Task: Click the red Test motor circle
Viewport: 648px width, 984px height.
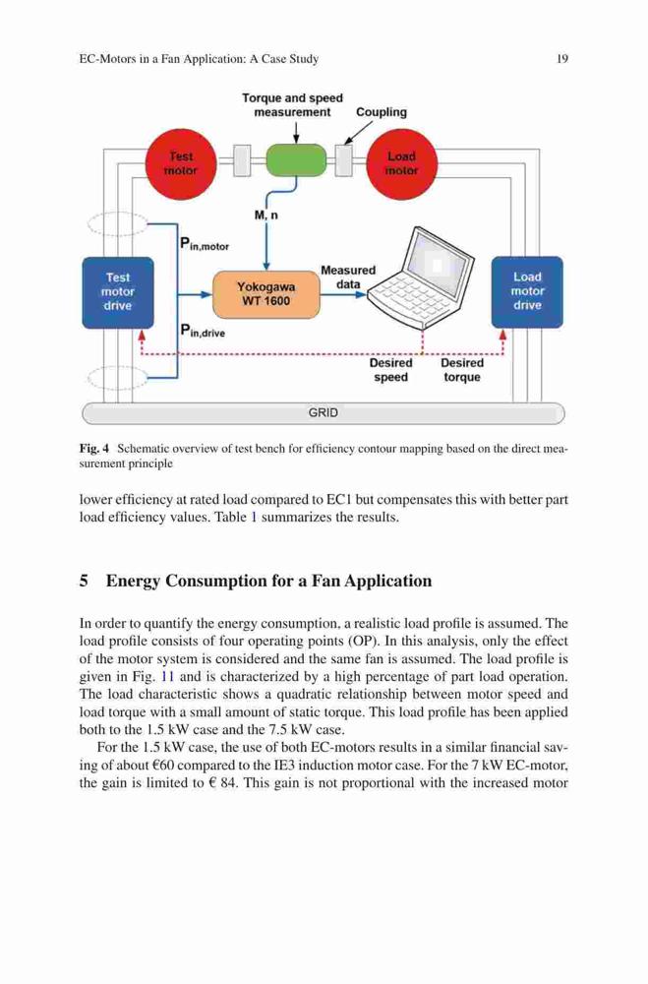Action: pyautogui.click(x=181, y=163)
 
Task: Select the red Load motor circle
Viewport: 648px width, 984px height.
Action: pyautogui.click(x=401, y=163)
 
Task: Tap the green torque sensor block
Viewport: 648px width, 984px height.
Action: pyautogui.click(x=296, y=160)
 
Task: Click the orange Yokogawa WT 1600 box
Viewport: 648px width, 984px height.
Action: pyautogui.click(x=265, y=294)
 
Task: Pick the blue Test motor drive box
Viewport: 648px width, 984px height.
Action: pyautogui.click(x=118, y=292)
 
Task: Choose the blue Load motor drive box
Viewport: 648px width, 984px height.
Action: pyautogui.click(x=527, y=292)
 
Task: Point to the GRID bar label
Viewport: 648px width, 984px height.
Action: pyautogui.click(x=324, y=413)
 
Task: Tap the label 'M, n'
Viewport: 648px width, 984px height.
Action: pyautogui.click(x=265, y=215)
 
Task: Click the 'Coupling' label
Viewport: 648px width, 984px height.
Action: pyautogui.click(x=382, y=112)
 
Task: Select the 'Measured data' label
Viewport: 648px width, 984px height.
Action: pyautogui.click(x=348, y=277)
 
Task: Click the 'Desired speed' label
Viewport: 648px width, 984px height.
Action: pyautogui.click(x=390, y=370)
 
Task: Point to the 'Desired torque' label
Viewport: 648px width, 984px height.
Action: pyautogui.click(x=462, y=370)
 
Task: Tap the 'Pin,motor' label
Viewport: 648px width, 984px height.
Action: pyautogui.click(x=205, y=244)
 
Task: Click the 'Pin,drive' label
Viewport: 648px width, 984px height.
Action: pyautogui.click(x=202, y=331)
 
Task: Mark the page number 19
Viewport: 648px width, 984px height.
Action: pyautogui.click(x=562, y=59)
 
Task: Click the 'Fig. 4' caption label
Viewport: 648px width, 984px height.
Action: pyautogui.click(x=94, y=449)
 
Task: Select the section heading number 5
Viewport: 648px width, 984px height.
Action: pyautogui.click(x=84, y=582)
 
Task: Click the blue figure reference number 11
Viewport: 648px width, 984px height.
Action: pyautogui.click(x=167, y=677)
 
